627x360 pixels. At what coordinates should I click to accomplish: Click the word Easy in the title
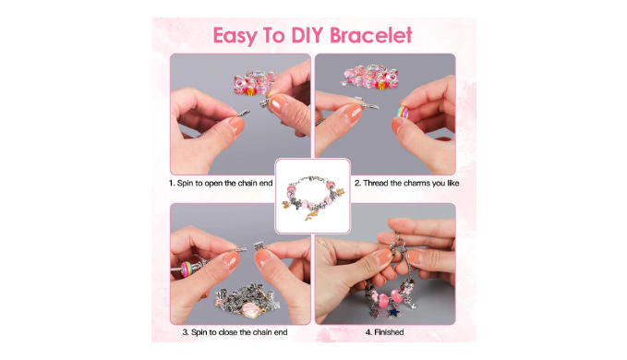tap(235, 36)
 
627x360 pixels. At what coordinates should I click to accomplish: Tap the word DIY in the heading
tap(307, 35)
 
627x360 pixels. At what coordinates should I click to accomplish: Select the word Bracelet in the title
tap(370, 35)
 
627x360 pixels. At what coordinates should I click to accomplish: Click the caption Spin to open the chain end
tap(224, 183)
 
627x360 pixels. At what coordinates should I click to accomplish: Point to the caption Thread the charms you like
tap(411, 183)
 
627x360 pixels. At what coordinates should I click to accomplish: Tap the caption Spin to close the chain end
tap(239, 332)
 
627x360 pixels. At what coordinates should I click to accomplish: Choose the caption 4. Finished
tap(384, 332)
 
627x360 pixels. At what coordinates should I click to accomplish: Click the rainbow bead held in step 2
tap(402, 112)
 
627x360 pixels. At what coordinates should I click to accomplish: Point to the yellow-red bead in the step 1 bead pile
tap(250, 91)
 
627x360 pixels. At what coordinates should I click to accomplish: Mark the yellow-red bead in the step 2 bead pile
tap(381, 85)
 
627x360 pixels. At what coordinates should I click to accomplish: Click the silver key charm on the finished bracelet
tap(411, 302)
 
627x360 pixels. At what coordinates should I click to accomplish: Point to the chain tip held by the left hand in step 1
tap(245, 113)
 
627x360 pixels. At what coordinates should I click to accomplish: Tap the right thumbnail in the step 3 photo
tap(263, 258)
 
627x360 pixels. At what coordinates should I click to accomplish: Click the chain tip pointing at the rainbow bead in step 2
tap(371, 106)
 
